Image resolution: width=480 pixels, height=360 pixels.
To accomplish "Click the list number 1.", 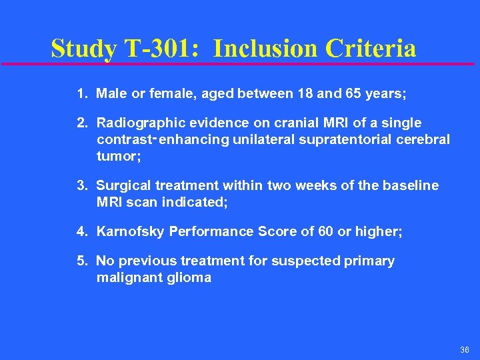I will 82,94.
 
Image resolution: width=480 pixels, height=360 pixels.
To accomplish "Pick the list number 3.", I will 82,185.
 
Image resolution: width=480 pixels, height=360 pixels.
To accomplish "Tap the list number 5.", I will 82,261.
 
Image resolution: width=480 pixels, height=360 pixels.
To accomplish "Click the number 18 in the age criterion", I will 306,94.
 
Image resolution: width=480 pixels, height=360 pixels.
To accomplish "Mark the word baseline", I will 411,185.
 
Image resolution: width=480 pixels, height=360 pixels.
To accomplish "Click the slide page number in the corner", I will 464,350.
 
